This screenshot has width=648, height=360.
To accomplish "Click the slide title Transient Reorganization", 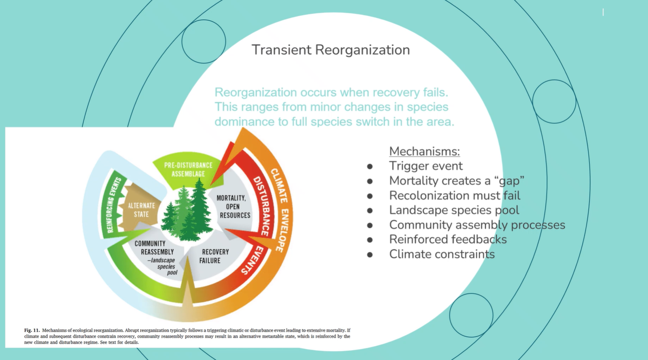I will pyautogui.click(x=330, y=50).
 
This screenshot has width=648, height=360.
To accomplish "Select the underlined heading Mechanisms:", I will pyautogui.click(x=424, y=151).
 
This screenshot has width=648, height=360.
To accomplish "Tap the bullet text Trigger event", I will pyautogui.click(x=426, y=166).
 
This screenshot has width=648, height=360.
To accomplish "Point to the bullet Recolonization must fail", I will pyautogui.click(x=454, y=196).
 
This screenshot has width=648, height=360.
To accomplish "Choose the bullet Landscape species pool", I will pyautogui.click(x=454, y=210).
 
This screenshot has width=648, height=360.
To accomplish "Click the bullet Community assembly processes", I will pyautogui.click(x=477, y=225).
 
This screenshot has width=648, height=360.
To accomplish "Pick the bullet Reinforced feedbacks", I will pyautogui.click(x=448, y=240).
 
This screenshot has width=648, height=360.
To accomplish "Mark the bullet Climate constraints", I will pyautogui.click(x=442, y=254).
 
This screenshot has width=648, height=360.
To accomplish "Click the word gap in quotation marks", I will pyautogui.click(x=508, y=181).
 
